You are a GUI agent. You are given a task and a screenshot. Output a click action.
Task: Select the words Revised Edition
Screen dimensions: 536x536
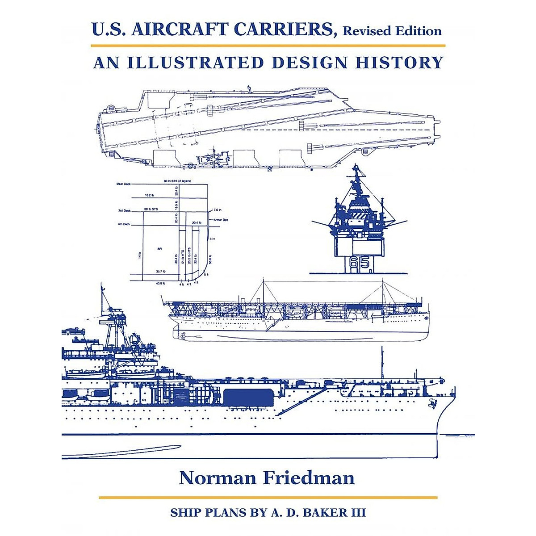(x=392, y=31)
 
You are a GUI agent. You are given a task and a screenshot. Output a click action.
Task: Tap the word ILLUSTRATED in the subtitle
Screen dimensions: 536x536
(x=195, y=63)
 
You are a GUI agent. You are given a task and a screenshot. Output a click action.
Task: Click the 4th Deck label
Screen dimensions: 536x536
(x=124, y=224)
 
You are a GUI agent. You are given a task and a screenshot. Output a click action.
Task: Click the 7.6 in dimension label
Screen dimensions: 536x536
(x=218, y=209)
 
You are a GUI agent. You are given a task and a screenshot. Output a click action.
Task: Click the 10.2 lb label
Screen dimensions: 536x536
(x=150, y=195)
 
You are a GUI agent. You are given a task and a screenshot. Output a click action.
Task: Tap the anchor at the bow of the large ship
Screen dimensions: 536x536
(x=432, y=403)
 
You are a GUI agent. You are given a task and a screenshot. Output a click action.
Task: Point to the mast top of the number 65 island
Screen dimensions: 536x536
(x=356, y=167)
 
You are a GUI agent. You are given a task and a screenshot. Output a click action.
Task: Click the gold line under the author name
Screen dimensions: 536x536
(x=268, y=497)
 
